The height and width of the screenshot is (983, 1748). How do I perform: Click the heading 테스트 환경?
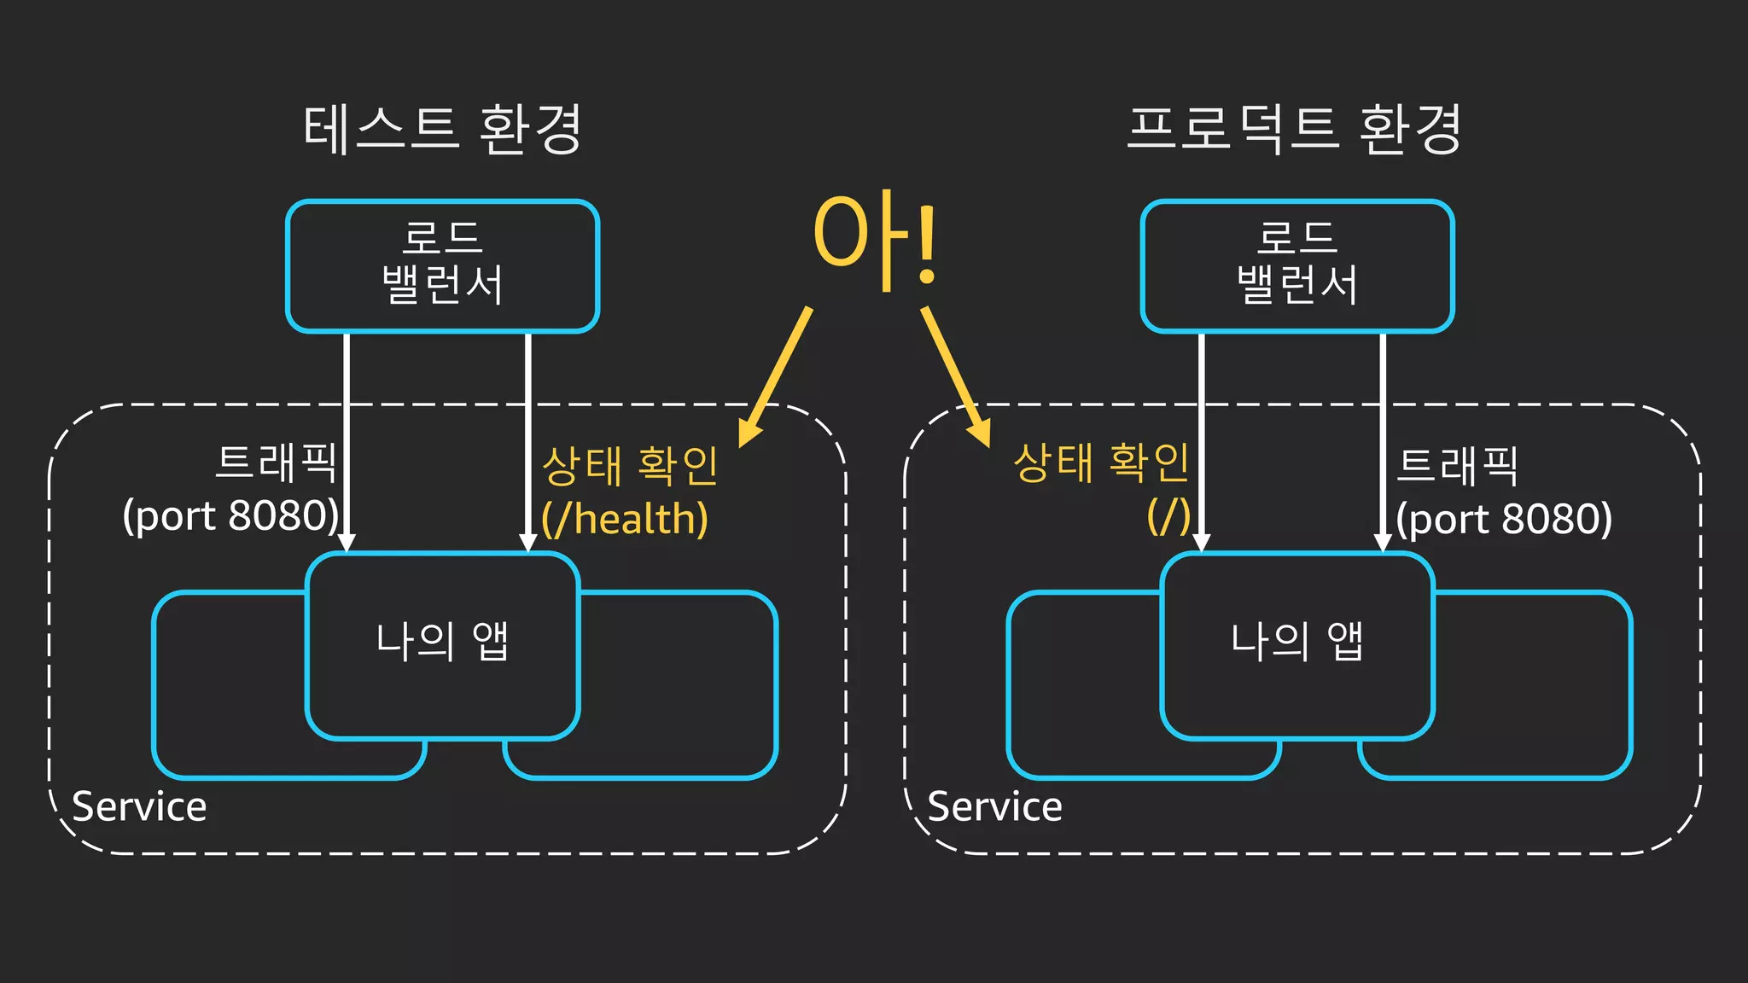coord(442,130)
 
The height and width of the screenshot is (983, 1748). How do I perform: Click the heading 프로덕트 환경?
coord(1294,130)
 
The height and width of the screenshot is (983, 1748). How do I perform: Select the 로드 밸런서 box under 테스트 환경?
coord(442,265)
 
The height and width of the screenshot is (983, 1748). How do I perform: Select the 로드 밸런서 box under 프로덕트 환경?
coord(1296,265)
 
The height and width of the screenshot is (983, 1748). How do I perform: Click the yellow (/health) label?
coord(625,519)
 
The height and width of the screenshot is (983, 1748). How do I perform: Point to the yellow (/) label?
coord(1168,516)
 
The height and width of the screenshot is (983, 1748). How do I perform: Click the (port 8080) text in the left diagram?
coord(231,516)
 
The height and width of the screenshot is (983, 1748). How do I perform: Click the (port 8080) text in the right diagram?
coord(1504,519)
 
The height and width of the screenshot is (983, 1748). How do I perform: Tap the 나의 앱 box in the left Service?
coord(442,644)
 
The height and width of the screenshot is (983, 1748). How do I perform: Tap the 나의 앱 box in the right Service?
coord(1296,644)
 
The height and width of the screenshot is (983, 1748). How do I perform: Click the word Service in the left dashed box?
coord(139,806)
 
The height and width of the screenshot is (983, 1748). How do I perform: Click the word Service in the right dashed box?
coord(994,806)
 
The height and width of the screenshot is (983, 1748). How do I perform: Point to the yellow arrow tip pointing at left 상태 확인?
coord(744,440)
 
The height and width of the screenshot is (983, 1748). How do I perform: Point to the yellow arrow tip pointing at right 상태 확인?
coord(986,440)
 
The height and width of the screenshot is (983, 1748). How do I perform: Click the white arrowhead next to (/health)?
coord(528,544)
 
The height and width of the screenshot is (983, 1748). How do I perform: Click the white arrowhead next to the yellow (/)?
coord(1201,544)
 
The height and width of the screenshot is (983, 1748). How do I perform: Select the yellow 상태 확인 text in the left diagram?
coord(630,466)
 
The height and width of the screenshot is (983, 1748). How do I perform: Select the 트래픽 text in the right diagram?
coord(1457,466)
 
